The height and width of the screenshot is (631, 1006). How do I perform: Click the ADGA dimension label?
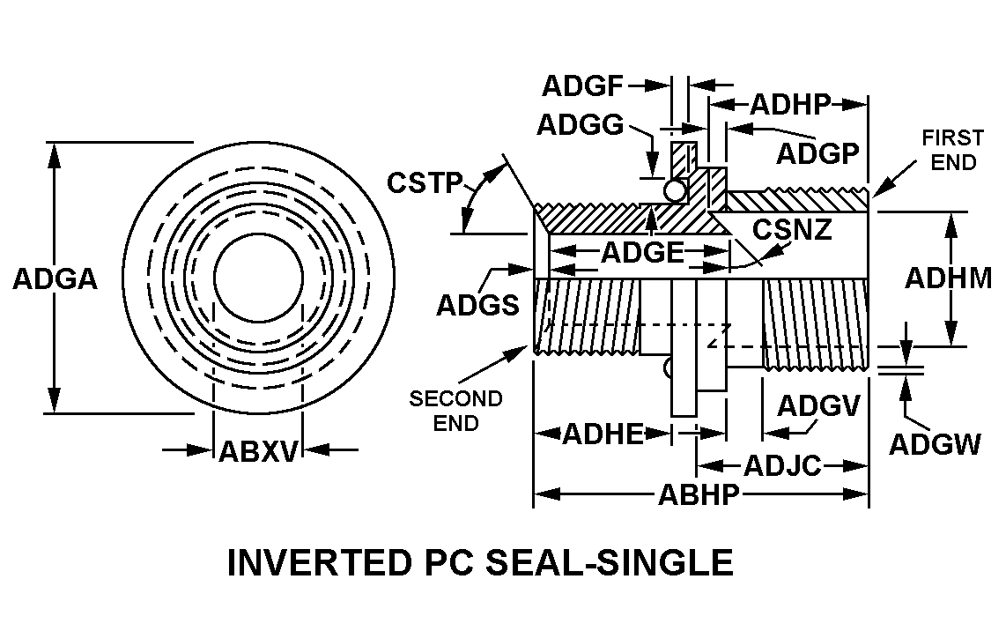pyautogui.click(x=55, y=279)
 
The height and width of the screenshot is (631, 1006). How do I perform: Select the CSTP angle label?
pyautogui.click(x=425, y=183)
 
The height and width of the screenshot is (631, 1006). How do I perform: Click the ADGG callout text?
pyautogui.click(x=581, y=125)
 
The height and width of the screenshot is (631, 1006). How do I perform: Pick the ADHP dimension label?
pyautogui.click(x=791, y=105)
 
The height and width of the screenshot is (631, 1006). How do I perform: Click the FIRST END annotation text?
pyautogui.click(x=952, y=150)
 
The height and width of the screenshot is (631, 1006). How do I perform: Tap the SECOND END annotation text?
pyautogui.click(x=455, y=411)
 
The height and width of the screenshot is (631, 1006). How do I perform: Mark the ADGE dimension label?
pyautogui.click(x=642, y=253)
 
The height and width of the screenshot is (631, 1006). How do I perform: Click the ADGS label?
pyautogui.click(x=478, y=304)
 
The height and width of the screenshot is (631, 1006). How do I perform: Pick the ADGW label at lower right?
pyautogui.click(x=935, y=444)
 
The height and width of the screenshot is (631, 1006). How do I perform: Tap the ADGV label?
pyautogui.click(x=818, y=405)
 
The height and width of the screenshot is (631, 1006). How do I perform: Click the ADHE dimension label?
pyautogui.click(x=603, y=434)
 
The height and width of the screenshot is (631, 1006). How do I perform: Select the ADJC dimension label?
pyautogui.click(x=782, y=464)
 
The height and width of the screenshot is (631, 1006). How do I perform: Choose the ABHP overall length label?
pyautogui.click(x=699, y=495)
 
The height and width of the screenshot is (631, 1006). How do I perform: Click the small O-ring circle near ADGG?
pyautogui.click(x=676, y=189)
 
